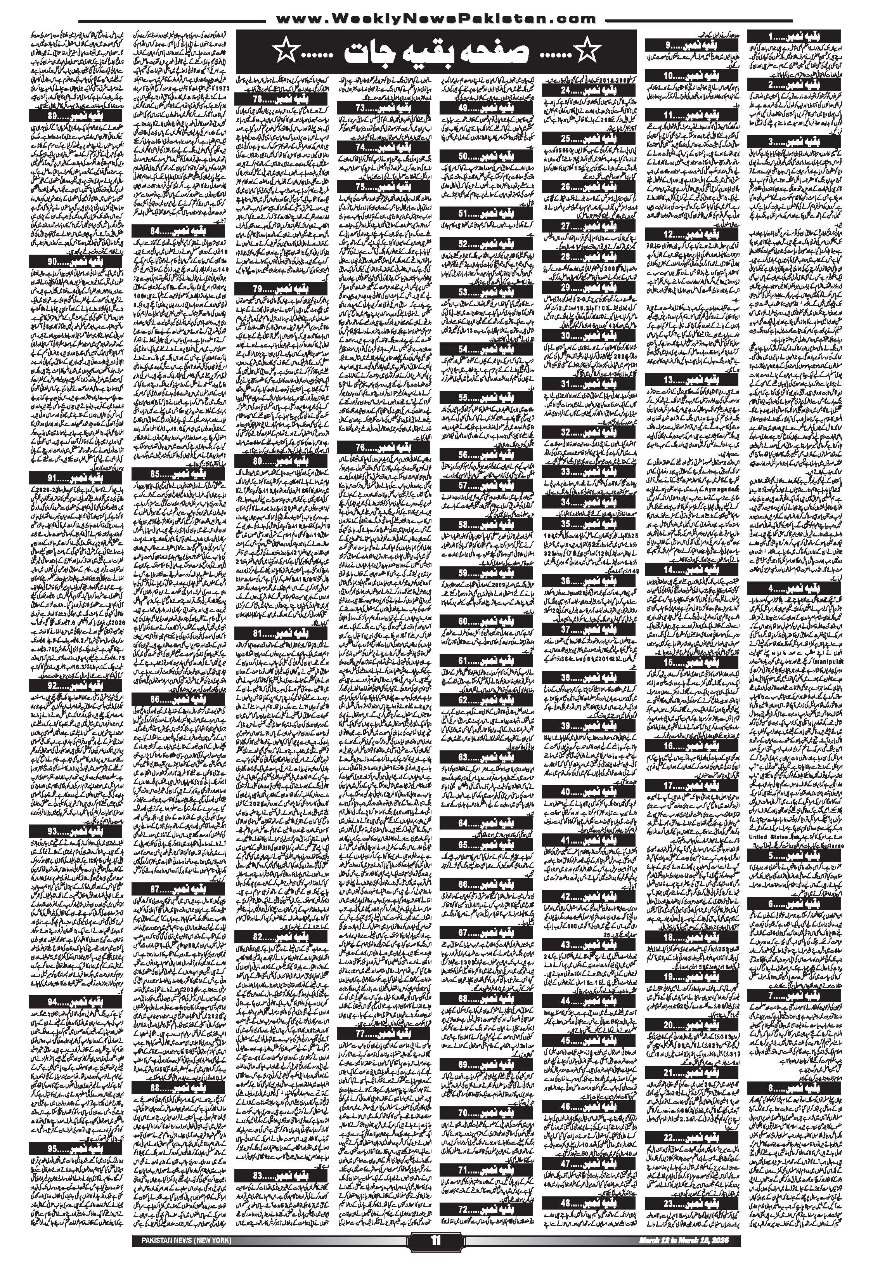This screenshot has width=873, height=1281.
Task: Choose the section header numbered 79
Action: pyautogui.click(x=281, y=289)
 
